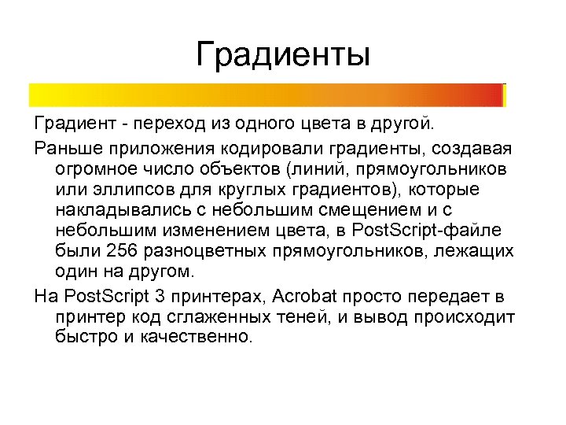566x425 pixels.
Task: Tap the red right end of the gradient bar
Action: (x=491, y=95)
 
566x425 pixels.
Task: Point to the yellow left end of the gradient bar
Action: (x=39, y=95)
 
